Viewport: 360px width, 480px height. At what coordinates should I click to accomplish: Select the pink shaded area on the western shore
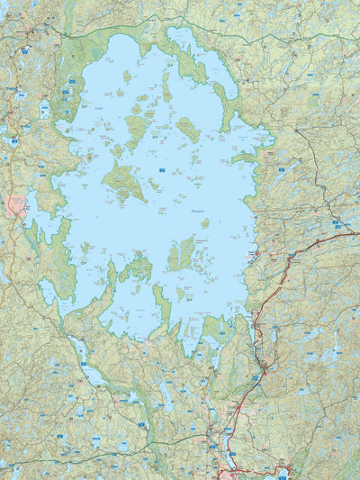click(15, 205)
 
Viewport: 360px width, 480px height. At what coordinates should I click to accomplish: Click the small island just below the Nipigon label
click(205, 222)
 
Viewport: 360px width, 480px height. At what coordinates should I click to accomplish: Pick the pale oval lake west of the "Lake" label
click(45, 110)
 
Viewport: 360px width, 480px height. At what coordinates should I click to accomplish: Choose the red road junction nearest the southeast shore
click(264, 367)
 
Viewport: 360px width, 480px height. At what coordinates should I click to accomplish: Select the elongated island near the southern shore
click(162, 302)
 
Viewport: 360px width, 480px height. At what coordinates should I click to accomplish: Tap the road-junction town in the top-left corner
click(28, 32)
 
